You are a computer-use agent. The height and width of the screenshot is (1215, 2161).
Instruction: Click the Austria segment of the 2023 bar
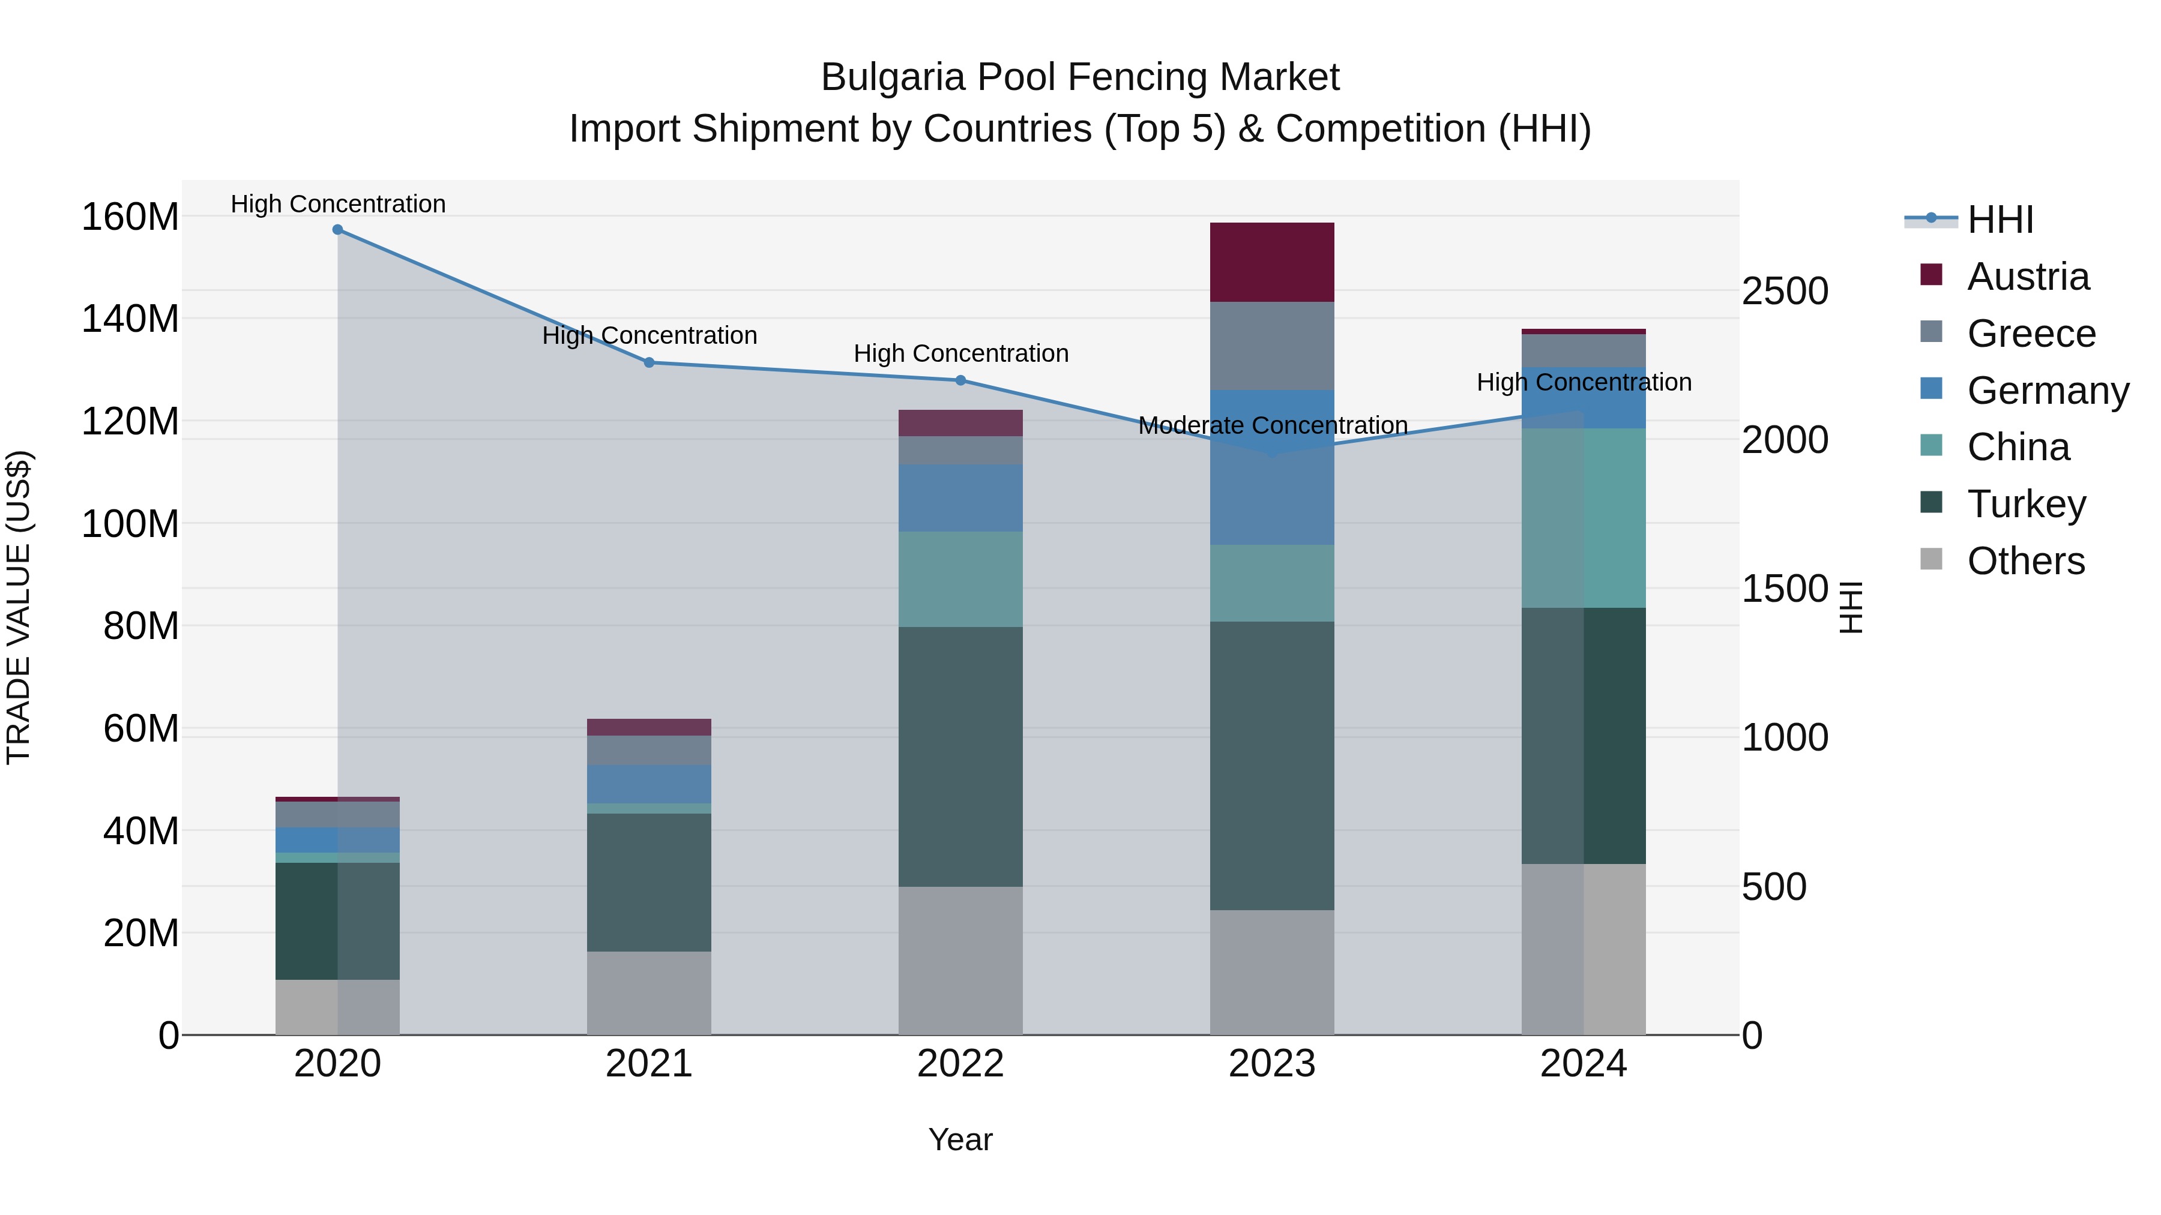point(1272,262)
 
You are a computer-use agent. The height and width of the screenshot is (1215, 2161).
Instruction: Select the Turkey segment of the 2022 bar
point(960,757)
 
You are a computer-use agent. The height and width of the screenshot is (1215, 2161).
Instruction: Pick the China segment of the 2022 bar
point(960,578)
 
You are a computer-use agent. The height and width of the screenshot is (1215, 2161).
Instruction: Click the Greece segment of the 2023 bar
point(1272,346)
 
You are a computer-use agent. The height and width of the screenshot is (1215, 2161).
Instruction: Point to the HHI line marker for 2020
point(337,230)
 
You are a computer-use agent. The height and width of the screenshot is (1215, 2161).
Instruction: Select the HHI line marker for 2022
point(960,380)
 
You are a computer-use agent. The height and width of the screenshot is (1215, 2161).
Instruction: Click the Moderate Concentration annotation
point(1272,426)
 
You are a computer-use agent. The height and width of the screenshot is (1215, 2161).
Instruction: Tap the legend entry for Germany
point(2047,391)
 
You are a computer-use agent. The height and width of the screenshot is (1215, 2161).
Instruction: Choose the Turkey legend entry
point(2026,504)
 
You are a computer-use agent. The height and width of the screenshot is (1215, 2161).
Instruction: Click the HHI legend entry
point(2000,220)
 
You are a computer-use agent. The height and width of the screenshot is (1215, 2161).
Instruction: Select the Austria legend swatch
point(1930,275)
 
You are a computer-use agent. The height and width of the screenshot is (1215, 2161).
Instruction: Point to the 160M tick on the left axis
point(130,217)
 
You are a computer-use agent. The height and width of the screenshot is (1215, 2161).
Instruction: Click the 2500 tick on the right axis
point(1785,292)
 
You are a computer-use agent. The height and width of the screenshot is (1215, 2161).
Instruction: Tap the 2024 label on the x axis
point(1583,1064)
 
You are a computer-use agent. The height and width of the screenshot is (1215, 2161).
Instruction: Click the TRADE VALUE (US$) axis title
point(19,607)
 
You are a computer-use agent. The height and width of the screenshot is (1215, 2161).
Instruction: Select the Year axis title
point(960,1139)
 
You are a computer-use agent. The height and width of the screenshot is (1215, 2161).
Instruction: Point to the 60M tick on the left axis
point(140,728)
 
